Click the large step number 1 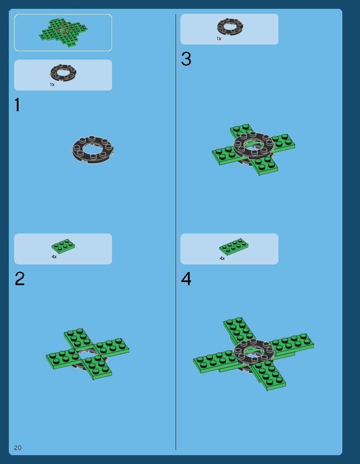17,105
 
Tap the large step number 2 19,279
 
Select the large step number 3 186,59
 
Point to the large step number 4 186,279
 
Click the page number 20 18,447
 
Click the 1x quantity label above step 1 52,85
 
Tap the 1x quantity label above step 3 219,39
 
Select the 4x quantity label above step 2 54,257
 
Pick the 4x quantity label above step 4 222,258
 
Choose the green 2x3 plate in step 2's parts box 63,246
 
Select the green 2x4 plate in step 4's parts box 234,246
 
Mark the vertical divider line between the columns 176,232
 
